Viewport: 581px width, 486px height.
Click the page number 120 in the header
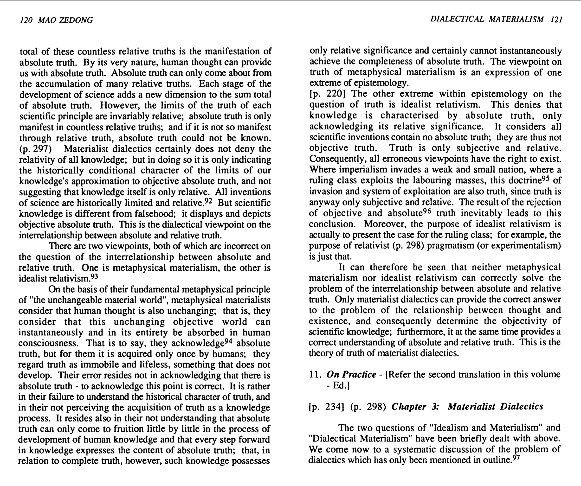coord(26,20)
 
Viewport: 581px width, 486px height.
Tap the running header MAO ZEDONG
coord(65,20)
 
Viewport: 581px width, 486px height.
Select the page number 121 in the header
coord(556,19)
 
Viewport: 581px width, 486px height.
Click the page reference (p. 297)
coord(35,149)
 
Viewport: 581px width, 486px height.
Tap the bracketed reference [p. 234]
coord(326,407)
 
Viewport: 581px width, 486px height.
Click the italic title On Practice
coord(351,375)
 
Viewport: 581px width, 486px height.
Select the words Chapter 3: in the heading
coord(415,407)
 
